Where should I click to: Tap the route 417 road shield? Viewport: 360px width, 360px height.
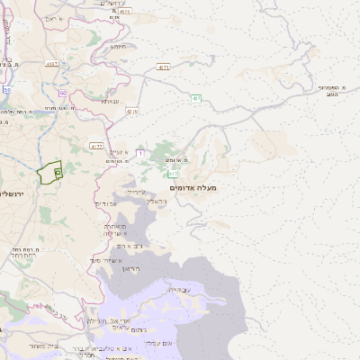[172, 173]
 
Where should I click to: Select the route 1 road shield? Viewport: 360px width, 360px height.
[140, 153]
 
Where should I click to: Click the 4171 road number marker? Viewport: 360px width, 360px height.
[163, 67]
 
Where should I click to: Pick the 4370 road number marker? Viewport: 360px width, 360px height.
[133, 111]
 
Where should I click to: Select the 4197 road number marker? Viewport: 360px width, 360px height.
[52, 62]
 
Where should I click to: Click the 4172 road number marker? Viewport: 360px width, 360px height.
[96, 146]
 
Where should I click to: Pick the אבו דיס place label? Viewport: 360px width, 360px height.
[106, 204]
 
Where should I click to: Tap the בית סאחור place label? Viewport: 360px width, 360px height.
[44, 345]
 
